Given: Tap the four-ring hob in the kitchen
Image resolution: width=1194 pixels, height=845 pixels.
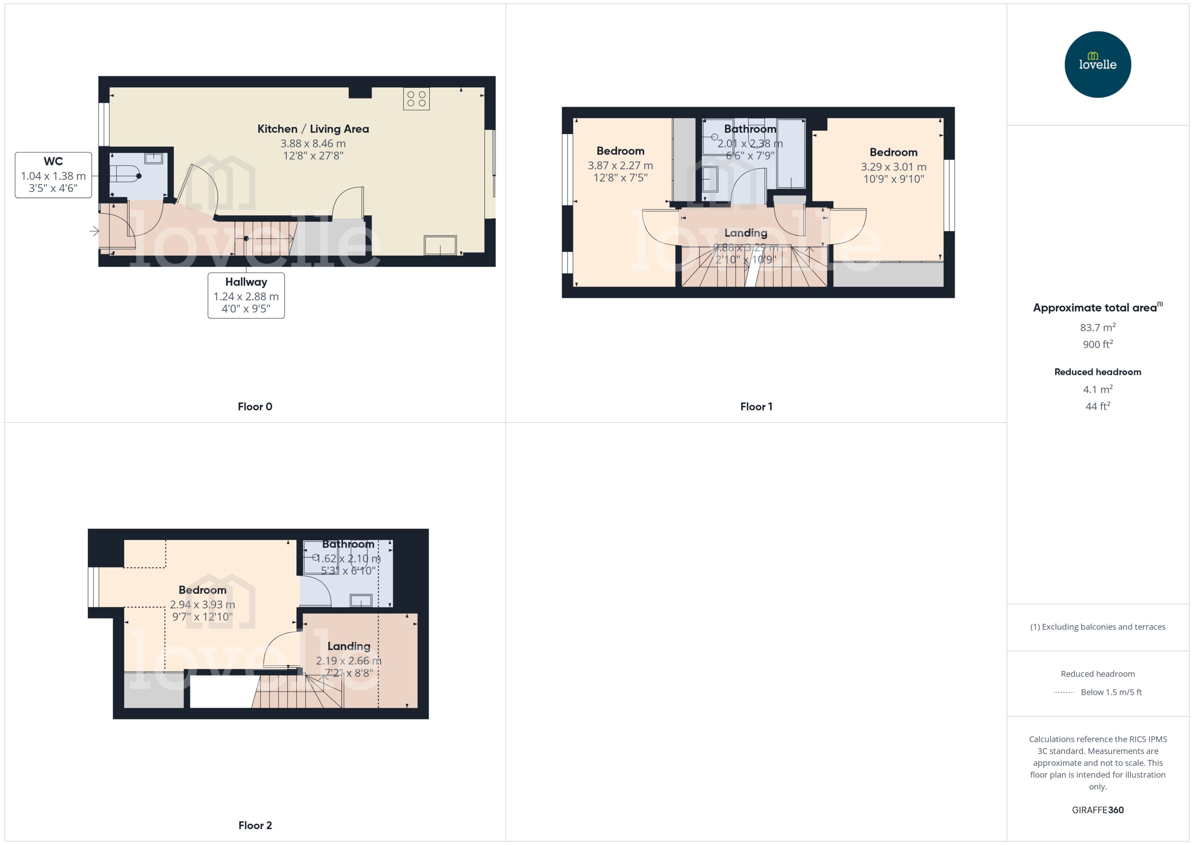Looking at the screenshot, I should (416, 99).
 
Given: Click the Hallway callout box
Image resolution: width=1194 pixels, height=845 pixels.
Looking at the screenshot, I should (246, 295).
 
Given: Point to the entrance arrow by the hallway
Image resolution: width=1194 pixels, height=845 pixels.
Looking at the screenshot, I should (94, 231).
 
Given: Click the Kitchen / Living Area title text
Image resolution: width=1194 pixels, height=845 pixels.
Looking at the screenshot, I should (313, 129).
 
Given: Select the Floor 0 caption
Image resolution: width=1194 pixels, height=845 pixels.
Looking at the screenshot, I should (255, 406).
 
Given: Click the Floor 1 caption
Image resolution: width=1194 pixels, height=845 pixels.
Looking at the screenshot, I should (756, 406).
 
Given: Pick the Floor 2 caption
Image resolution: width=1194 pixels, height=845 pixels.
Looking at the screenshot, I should (255, 825).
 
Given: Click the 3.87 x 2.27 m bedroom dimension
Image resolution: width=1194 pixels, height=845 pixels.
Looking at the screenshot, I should (620, 165).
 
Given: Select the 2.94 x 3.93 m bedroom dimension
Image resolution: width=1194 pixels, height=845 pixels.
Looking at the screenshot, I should (202, 604).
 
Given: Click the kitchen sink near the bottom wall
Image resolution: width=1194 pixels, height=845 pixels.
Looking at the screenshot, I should (440, 245).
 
